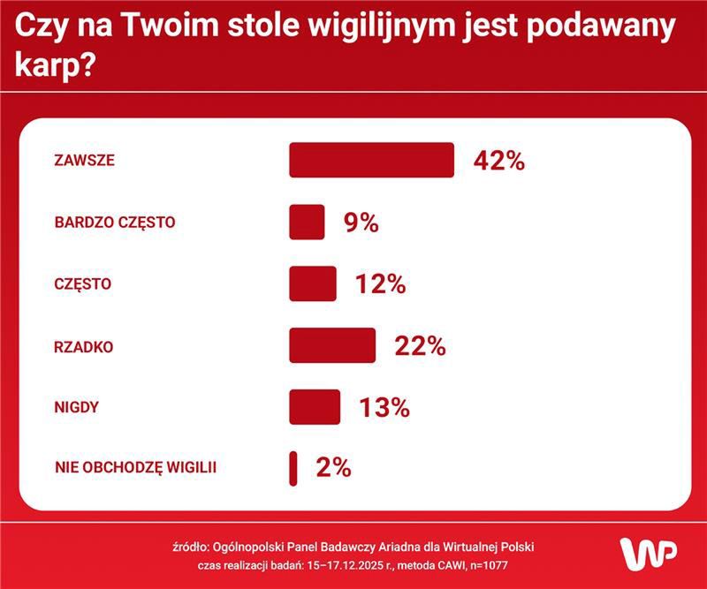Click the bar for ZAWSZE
click(x=371, y=160)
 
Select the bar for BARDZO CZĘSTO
click(x=307, y=222)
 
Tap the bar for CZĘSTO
click(x=312, y=283)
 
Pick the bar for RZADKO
click(x=332, y=345)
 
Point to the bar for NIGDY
click(x=315, y=407)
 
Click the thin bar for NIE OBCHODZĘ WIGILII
click(x=293, y=468)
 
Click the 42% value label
click(x=499, y=161)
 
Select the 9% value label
click(x=361, y=223)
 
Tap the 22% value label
click(x=420, y=345)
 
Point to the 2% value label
click(x=333, y=468)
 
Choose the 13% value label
click(x=384, y=407)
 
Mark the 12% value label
click(x=380, y=284)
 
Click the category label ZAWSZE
click(x=85, y=161)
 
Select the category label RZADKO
click(x=84, y=346)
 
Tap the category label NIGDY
click(x=76, y=408)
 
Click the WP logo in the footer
click(x=648, y=553)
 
